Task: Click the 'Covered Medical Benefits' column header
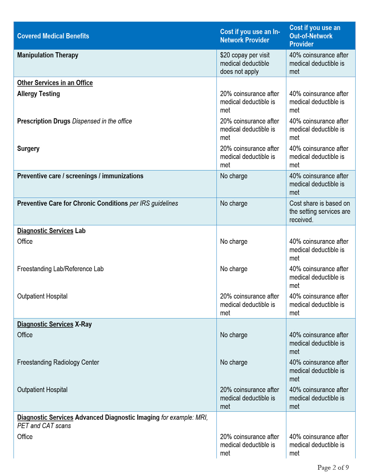[x=53, y=36]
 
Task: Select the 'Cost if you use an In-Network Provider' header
[x=250, y=36]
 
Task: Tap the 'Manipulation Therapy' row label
[x=48, y=55]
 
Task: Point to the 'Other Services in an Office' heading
[x=55, y=83]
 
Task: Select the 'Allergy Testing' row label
[x=38, y=94]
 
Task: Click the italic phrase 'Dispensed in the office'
[x=102, y=121]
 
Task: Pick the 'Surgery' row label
[x=28, y=149]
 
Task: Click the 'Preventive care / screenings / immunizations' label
[x=80, y=176]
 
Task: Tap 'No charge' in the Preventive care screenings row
[x=233, y=176]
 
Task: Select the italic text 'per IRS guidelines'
[x=154, y=203]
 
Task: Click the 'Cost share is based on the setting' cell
[x=320, y=211]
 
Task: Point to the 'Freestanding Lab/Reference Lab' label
[x=60, y=269]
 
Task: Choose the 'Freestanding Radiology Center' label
[x=58, y=362]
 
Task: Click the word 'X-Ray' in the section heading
[x=83, y=324]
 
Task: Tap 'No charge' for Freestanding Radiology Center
[x=233, y=362]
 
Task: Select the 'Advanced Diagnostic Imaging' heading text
[x=117, y=417]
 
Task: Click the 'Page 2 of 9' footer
[x=333, y=467]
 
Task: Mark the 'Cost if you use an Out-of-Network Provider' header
[x=315, y=36]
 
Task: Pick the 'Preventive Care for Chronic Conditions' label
[x=72, y=203]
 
